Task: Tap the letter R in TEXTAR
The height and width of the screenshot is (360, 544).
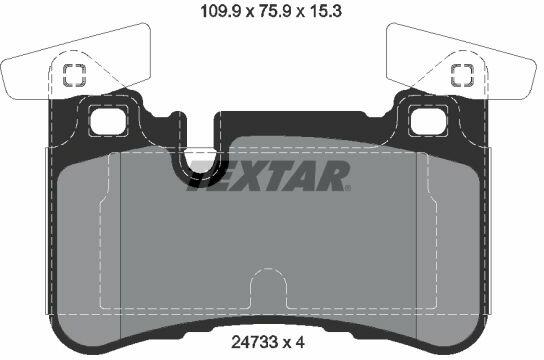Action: tap(330, 176)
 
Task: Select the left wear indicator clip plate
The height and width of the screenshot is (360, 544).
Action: tap(76, 62)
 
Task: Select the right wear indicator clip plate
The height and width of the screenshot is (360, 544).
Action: tap(461, 62)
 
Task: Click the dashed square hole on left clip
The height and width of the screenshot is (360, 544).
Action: tap(74, 75)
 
